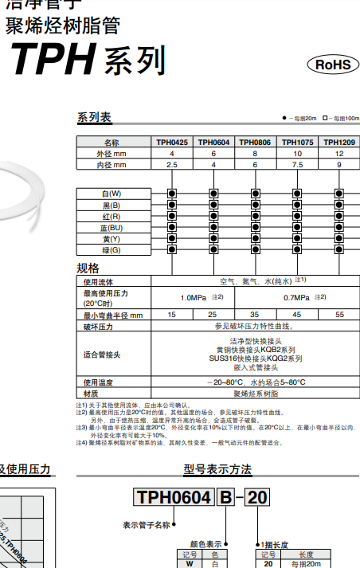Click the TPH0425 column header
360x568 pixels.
[171, 143]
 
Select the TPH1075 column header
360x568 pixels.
[297, 143]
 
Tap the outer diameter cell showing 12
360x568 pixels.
[339, 154]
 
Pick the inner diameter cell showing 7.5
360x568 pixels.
[297, 165]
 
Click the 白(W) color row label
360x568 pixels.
[112, 194]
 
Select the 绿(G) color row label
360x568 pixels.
[112, 250]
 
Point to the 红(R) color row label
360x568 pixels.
[112, 217]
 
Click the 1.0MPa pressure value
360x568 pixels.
[191, 298]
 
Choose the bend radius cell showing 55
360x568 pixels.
[339, 315]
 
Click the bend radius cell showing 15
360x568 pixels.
[171, 315]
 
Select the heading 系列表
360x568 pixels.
[94, 119]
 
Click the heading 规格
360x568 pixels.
[88, 268]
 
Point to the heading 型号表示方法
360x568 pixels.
[217, 469]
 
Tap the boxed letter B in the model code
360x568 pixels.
[225, 499]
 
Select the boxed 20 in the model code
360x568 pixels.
[257, 499]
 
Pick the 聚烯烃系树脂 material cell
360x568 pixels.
[255, 394]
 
